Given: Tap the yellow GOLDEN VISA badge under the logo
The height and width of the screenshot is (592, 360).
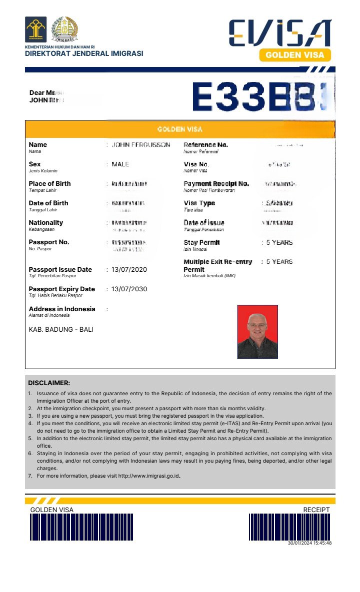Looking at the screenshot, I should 295,55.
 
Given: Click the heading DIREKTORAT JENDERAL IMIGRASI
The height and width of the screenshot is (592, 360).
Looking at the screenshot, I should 84,54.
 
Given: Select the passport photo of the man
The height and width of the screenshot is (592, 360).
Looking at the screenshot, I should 257,332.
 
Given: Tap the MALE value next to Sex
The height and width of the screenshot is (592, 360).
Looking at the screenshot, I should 120,164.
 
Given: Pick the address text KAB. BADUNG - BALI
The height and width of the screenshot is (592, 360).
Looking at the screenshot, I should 61,330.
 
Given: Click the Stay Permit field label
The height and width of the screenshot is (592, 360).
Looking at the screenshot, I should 202,243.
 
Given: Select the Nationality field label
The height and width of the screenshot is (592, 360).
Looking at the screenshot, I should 46,223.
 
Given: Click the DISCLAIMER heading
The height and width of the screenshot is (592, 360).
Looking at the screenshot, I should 49,383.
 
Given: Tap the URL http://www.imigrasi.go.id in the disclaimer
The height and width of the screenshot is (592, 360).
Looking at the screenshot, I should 148,476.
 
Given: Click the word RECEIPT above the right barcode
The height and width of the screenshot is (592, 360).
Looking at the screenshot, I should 316,510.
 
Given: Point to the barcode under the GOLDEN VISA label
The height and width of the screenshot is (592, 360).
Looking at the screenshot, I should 81,527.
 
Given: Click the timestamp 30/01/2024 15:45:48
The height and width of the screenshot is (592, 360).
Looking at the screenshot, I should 310,543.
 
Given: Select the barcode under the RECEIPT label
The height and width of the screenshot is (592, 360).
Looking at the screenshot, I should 290,527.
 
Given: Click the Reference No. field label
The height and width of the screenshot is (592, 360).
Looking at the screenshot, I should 205,145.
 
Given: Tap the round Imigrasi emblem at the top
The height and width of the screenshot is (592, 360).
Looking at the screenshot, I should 65,28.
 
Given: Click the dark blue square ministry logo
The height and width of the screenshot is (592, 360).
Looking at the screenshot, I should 36,28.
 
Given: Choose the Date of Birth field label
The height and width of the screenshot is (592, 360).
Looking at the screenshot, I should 48,203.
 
